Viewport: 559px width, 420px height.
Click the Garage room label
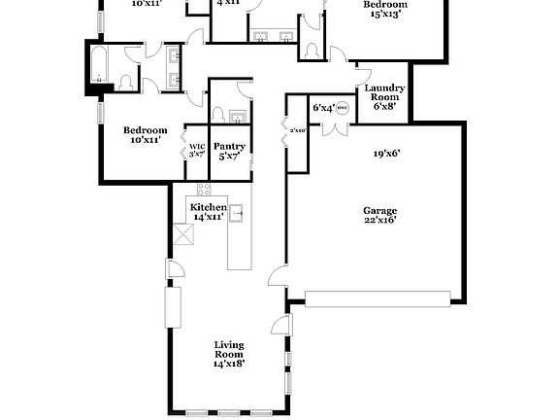[x=379, y=210]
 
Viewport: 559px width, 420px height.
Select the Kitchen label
[x=208, y=207]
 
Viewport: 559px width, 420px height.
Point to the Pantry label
[x=230, y=146]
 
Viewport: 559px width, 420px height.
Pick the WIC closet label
[x=197, y=147]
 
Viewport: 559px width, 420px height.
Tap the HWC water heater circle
[x=342, y=108]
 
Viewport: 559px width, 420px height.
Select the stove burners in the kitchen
[x=204, y=190]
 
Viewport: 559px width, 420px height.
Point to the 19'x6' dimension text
[x=387, y=153]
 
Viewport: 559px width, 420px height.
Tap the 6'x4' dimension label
[x=323, y=108]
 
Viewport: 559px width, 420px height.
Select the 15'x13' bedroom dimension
[x=385, y=15]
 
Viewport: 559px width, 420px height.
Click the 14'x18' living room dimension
[x=229, y=364]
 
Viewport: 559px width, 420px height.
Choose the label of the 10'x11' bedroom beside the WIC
[x=145, y=130]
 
